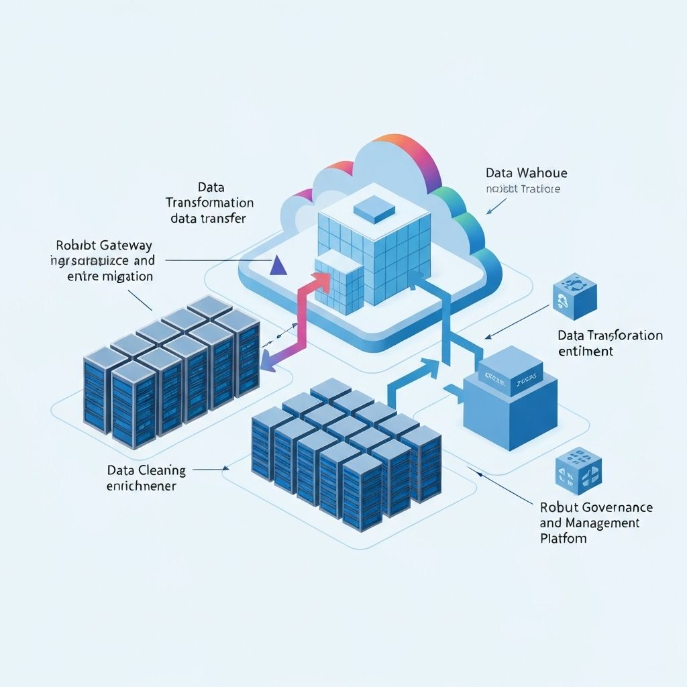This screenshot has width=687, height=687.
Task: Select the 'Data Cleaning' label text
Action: click(x=146, y=471)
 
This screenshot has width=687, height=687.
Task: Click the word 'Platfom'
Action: click(x=563, y=538)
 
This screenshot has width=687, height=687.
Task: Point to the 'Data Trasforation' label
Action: click(x=610, y=335)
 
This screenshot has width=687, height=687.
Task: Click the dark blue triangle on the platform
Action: click(x=277, y=266)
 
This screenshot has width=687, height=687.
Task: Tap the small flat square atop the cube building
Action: click(x=374, y=211)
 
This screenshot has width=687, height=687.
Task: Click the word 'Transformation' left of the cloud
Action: click(x=209, y=203)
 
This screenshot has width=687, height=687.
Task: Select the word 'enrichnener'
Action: click(x=142, y=485)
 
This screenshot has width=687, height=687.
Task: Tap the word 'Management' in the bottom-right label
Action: click(x=602, y=523)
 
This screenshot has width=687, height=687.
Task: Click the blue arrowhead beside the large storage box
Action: click(x=430, y=366)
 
